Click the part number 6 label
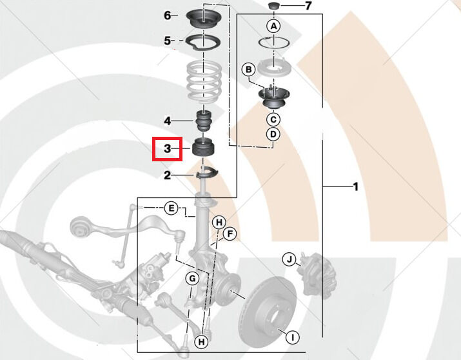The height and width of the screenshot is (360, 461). tap(167, 15)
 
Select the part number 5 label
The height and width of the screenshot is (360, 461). tap(167, 40)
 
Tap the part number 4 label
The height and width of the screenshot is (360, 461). tap(167, 121)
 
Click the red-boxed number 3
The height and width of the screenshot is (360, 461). tap(167, 149)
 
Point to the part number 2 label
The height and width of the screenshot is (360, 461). tap(167, 175)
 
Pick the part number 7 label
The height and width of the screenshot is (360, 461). tap(308, 6)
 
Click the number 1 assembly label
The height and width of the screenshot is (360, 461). tap(355, 187)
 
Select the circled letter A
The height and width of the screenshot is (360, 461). tap(273, 26)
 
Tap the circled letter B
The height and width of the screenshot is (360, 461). tap(248, 70)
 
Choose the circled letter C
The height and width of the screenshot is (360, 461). tap(273, 119)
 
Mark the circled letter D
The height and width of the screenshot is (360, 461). tap(273, 134)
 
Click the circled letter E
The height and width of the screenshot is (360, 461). tap(170, 208)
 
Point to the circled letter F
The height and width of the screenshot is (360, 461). tap(230, 234)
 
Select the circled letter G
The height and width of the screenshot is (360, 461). tap(191, 279)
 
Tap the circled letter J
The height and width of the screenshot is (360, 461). tap(290, 260)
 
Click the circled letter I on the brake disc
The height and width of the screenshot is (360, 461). tap(291, 337)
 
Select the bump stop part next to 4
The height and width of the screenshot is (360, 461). tap(204, 121)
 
